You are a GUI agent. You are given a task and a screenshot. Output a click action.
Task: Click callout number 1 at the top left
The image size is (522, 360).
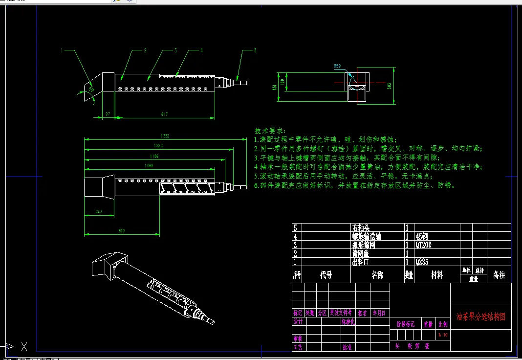coord(62,50)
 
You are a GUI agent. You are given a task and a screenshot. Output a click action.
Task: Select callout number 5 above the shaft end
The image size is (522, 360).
coord(255,50)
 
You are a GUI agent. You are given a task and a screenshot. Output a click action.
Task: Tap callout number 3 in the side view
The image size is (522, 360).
coord(175,50)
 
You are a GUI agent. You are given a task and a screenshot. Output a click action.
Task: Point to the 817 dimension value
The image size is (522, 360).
coord(164,114)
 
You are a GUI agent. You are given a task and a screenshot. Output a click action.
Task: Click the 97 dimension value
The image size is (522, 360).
coord(108,114)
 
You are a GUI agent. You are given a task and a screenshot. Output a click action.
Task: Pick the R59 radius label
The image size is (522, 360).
coord(337,65)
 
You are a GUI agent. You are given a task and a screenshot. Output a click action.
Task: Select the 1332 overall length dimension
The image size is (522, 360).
coord(165,136)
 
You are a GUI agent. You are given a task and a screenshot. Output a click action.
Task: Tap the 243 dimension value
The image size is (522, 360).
coord(99,212)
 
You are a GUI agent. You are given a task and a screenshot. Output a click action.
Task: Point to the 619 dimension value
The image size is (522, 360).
coord(122,230)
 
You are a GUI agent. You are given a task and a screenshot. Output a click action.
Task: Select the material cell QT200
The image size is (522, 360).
coord(423,245)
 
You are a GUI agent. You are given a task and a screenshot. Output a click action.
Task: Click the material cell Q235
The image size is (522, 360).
coord(422,262)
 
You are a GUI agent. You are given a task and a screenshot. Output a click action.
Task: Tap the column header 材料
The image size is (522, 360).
coord(436,275)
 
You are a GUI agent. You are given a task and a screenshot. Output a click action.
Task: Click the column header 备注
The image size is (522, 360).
coord(499,275)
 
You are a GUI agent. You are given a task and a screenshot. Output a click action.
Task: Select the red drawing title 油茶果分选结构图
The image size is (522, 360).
coord(481,316)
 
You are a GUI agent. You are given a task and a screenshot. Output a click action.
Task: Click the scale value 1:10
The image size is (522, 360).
coord(443,335)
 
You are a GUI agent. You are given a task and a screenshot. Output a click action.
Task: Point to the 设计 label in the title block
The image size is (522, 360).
coord(298,321)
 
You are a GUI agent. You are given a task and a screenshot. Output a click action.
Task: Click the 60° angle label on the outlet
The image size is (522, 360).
coord(91,89)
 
